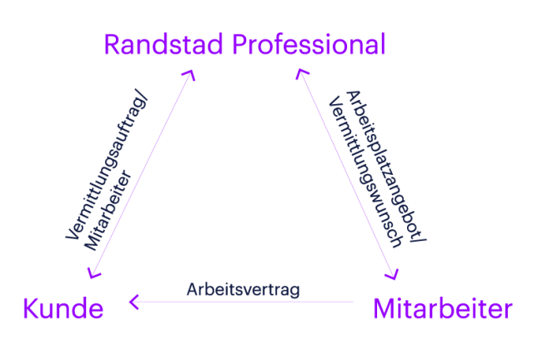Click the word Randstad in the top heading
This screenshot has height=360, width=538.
[x=164, y=45]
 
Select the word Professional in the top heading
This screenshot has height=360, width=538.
[x=309, y=45]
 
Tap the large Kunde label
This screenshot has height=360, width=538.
[x=63, y=309]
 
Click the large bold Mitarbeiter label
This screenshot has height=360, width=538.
[x=442, y=309]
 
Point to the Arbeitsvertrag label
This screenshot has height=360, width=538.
[x=243, y=289]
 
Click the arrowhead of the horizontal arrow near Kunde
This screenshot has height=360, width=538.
[x=133, y=301]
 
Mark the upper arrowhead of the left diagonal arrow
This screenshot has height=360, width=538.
[x=189, y=76]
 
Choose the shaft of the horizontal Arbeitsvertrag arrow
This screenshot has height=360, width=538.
[x=250, y=301]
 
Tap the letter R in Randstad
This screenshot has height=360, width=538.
[x=113, y=45]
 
